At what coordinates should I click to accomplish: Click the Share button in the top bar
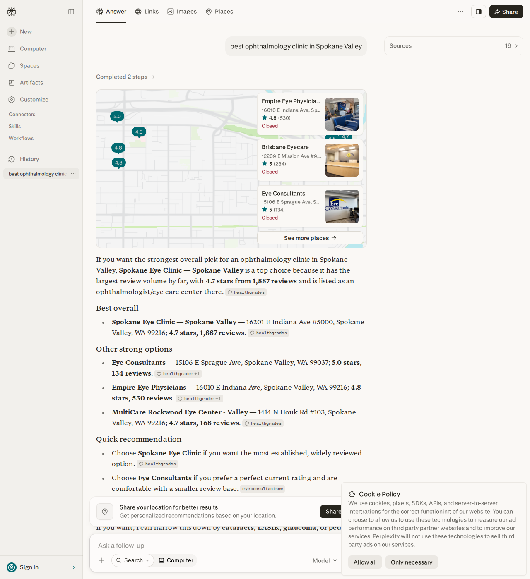506,12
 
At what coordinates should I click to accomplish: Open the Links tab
147,12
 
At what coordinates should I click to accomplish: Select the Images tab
182,12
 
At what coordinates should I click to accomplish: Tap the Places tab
219,12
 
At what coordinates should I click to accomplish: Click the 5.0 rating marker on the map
117,116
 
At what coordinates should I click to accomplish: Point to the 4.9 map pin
139,132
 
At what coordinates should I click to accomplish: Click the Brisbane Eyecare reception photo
342,160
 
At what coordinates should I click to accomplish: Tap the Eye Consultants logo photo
342,206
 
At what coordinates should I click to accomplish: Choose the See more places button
310,238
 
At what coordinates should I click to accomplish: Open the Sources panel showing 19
453,46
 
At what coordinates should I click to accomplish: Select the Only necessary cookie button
412,562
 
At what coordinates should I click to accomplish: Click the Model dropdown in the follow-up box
325,560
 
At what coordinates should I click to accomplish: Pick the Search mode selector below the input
132,560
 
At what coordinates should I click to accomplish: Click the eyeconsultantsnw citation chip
263,489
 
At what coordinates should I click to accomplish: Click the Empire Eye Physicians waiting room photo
342,114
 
